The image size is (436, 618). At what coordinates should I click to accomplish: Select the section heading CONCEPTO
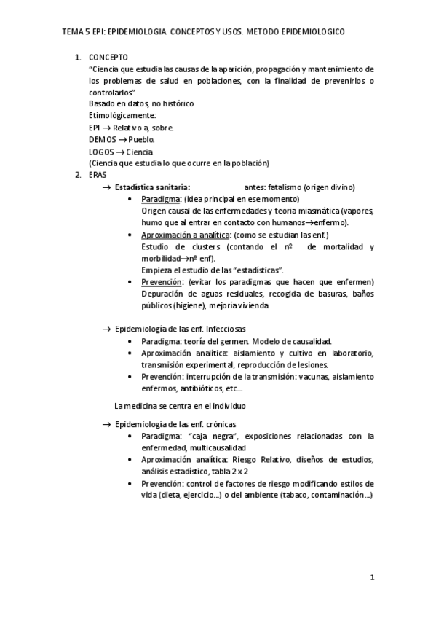point(108,56)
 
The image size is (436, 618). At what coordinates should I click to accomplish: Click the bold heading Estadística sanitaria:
point(153,187)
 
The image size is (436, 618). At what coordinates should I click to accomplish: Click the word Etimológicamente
point(122,115)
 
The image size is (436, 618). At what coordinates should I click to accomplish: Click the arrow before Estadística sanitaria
point(106,187)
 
